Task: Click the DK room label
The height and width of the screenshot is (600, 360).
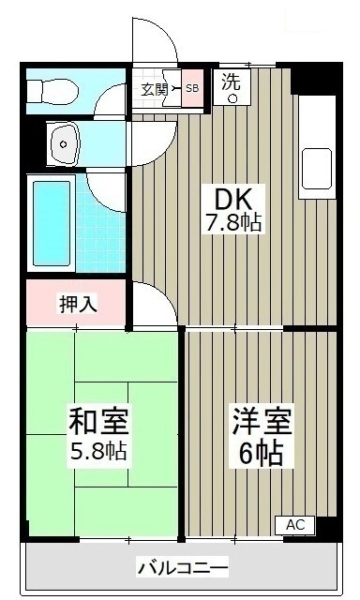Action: tap(233, 199)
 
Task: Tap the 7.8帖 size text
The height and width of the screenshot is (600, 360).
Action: tap(233, 223)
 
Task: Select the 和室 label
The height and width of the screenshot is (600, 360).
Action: tap(98, 421)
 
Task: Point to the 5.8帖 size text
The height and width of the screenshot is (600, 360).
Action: tap(98, 451)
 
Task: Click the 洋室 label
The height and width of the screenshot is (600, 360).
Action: tap(262, 421)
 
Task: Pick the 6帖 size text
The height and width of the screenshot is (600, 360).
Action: tap(262, 453)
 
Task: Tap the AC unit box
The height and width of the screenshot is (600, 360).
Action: tap(295, 525)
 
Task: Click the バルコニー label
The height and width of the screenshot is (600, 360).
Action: tap(183, 566)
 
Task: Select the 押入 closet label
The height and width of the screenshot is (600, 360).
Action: tap(78, 304)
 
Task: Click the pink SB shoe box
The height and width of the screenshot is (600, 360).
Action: tap(192, 88)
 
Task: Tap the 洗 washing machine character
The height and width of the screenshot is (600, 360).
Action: tap(232, 82)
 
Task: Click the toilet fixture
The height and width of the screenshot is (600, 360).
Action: tap(52, 90)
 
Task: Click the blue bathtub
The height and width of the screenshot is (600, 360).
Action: tap(52, 223)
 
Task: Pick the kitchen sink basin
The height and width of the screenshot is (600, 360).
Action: tap(317, 170)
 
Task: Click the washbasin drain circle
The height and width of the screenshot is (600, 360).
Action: tap(64, 144)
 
